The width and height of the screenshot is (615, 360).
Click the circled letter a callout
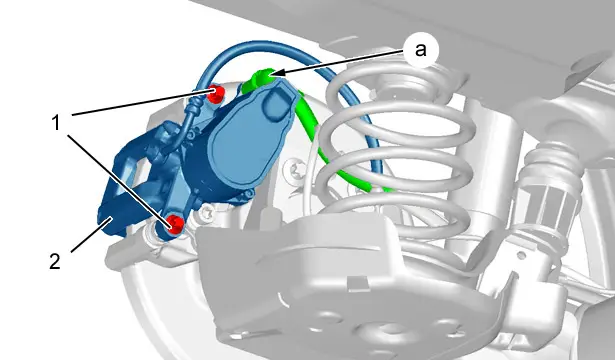point(420,50)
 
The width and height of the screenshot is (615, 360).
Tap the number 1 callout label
point(56,123)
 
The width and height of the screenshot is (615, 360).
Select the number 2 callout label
point(55,261)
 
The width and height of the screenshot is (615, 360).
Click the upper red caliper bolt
point(215,94)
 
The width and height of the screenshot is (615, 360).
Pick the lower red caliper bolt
point(175,225)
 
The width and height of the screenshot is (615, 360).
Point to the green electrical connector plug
point(259,79)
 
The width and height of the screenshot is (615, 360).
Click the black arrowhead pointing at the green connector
point(276,72)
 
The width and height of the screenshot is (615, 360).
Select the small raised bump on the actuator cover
point(277,104)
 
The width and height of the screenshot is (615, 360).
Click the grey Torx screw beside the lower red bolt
point(206,213)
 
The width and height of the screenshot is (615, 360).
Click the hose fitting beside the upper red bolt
point(195,106)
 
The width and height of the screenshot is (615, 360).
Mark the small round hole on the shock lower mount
point(521,255)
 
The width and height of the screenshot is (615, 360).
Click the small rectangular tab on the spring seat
point(357,284)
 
